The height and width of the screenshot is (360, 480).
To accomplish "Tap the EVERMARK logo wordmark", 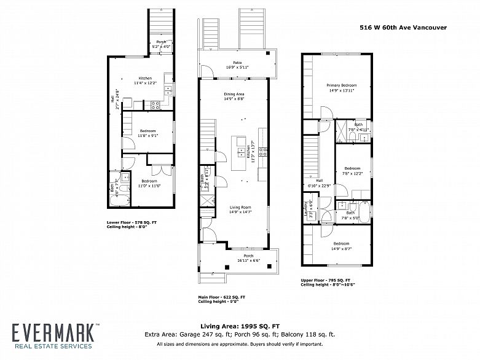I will click(53, 333).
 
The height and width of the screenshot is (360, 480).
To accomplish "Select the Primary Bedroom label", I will click(341, 85).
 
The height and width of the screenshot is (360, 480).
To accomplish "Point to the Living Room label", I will click(234, 208).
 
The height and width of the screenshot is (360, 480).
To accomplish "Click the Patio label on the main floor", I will click(237, 63).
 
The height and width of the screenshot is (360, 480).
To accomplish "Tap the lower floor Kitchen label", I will click(145, 79).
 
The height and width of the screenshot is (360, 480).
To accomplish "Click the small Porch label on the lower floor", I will click(161, 42).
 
